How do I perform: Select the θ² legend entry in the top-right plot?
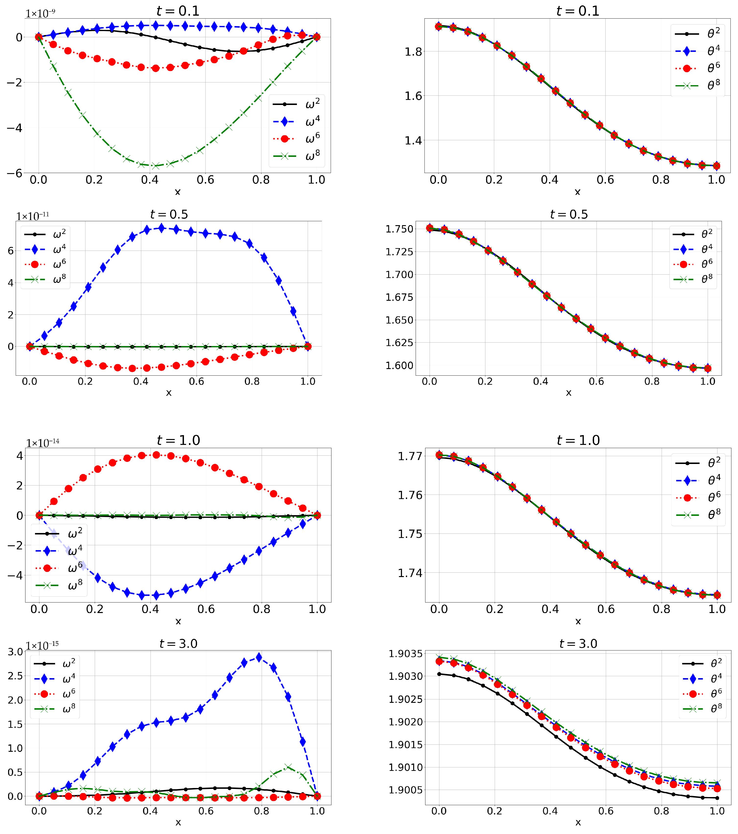[698, 34]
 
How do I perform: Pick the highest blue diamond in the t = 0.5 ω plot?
[162, 228]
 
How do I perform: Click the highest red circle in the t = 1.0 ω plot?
[156, 455]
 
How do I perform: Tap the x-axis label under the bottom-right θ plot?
[578, 822]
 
